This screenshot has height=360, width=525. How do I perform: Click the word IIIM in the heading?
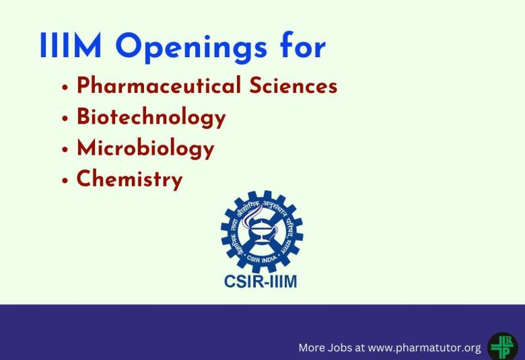pos(71,46)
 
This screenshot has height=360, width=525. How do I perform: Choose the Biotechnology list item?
pos(151,118)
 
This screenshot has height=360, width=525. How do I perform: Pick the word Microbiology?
pos(145,148)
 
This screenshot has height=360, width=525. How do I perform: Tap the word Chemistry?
pos(129,180)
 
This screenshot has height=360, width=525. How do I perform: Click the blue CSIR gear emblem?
pos(261,231)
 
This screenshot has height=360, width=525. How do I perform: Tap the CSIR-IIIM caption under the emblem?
pos(260,281)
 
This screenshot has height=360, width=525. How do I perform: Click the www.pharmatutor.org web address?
pos(424,348)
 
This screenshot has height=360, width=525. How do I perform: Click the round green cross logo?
pos(502,347)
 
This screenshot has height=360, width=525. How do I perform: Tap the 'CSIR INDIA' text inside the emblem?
pos(262,256)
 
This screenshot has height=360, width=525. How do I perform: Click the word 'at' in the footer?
pos(359,348)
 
